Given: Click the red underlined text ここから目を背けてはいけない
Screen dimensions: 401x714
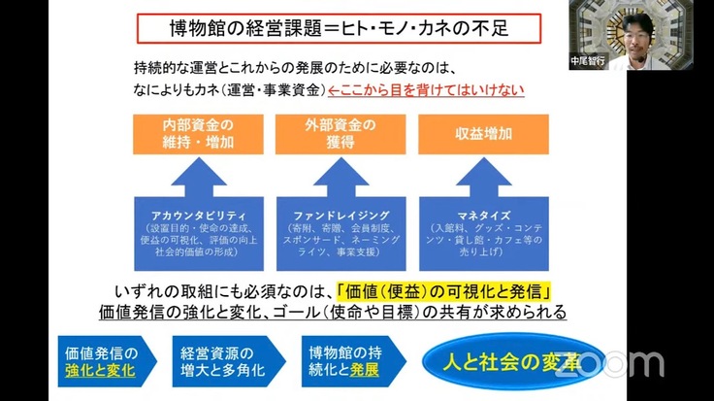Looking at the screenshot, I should pyautogui.click(x=427, y=91).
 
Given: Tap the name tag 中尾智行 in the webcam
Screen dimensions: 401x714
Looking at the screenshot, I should pyautogui.click(x=587, y=59).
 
